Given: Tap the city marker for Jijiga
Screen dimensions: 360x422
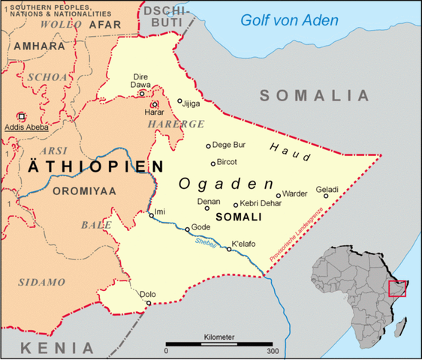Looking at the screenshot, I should tap(180, 101).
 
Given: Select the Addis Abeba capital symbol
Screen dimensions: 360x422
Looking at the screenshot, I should tap(21, 117).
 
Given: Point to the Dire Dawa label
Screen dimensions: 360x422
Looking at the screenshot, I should tap(141, 81).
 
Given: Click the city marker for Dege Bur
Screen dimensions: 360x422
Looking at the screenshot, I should tap(209, 146).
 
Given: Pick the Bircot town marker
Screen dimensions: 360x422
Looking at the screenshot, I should tap(213, 163).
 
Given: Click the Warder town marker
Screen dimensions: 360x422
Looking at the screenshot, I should tap(279, 195).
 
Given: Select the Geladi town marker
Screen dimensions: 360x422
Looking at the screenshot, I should tap(326, 196).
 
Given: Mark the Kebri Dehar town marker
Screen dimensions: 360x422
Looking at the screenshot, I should tap(236, 205).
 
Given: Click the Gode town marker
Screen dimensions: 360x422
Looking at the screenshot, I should tap(188, 229).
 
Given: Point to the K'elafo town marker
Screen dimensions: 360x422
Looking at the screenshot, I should tap(230, 248).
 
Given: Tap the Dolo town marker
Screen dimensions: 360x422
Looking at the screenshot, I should tap(149, 303).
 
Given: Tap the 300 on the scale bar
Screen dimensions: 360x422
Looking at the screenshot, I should tap(271, 350).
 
